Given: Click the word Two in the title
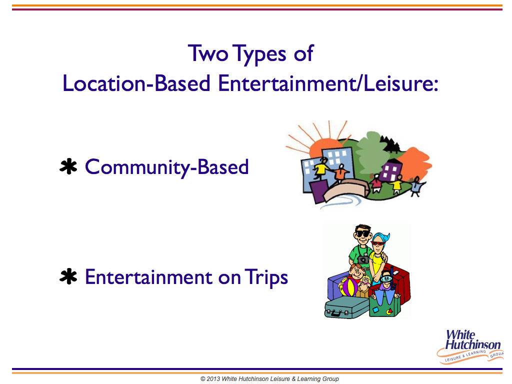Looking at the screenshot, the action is (x=208, y=53).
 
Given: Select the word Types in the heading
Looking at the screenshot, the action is (x=260, y=55).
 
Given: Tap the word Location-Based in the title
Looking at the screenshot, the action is (x=136, y=83).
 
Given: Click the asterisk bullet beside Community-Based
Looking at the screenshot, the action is (x=68, y=167).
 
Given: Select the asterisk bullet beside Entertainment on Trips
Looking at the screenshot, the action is (x=68, y=276).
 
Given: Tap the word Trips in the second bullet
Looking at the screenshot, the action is (x=266, y=278).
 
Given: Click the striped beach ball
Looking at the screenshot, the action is (x=348, y=286).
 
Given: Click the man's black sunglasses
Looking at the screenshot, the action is (x=363, y=234).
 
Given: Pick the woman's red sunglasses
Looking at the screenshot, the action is (x=378, y=243).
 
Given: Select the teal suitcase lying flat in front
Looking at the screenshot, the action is (x=346, y=307).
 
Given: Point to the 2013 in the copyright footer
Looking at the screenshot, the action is (x=213, y=379).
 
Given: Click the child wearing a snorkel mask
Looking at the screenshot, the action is (x=385, y=284).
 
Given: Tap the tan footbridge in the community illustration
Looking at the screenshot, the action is (x=346, y=189).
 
